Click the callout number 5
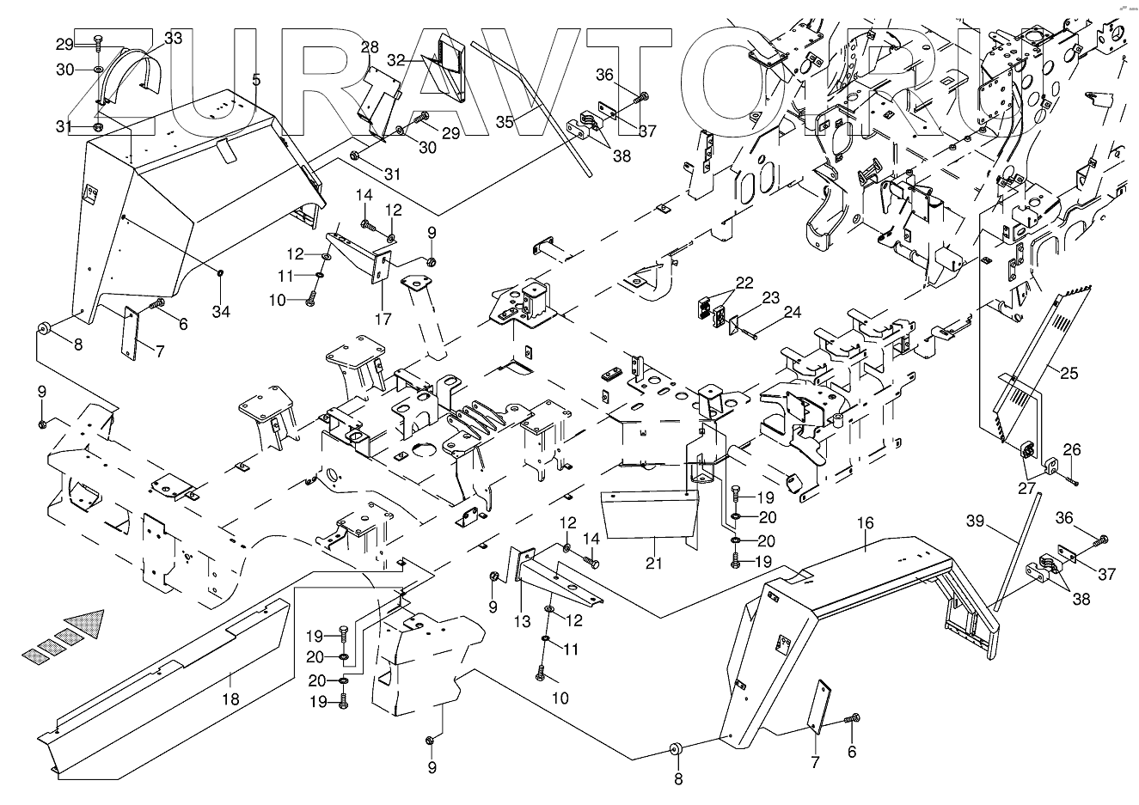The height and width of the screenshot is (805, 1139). [256, 79]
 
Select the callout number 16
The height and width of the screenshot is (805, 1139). [865, 522]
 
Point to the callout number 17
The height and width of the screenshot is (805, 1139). [383, 320]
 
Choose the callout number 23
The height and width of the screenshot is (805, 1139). [771, 298]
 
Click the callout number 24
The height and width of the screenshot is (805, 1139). [792, 312]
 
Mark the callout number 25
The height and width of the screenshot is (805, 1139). [1069, 374]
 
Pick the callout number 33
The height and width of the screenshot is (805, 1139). [173, 38]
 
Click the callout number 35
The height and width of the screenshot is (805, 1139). [505, 122]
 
